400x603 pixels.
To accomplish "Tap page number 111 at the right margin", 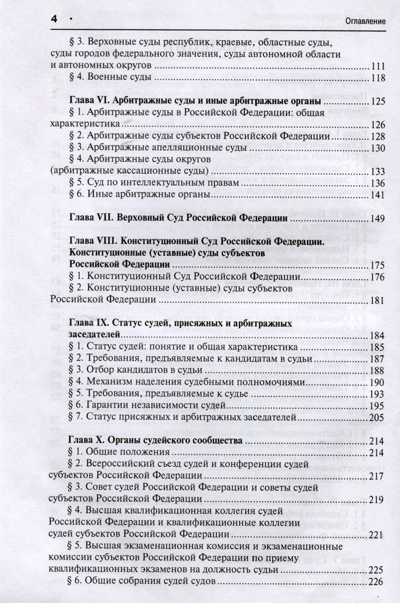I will coord(377,66).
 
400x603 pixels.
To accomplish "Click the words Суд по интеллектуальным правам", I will coord(161,183).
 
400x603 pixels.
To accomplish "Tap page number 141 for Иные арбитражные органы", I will coord(377,194).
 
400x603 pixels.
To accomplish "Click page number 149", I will coord(377,219).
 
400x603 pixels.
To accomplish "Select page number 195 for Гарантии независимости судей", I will coord(377,406).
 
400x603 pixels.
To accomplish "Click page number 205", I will coord(377,417).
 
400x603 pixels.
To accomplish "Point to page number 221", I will coord(377,534).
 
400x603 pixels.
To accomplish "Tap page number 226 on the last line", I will coord(377,582).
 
